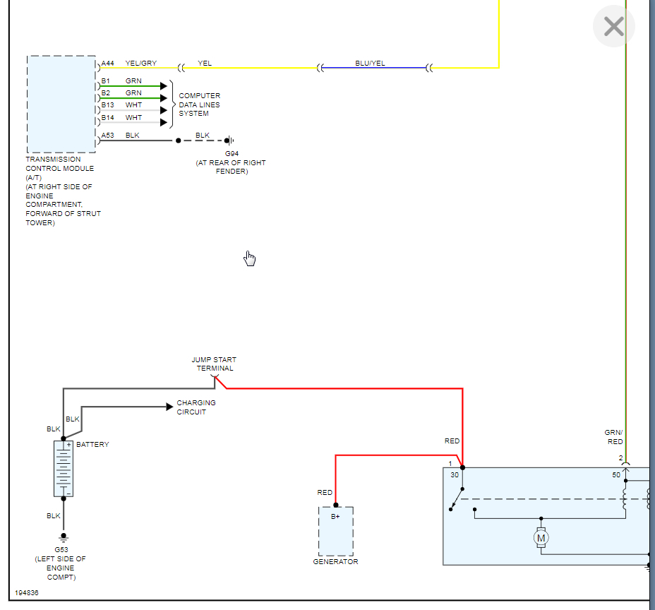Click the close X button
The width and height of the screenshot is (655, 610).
[613, 27]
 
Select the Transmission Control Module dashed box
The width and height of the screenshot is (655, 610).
[61, 104]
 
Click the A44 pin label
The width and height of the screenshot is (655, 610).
[107, 64]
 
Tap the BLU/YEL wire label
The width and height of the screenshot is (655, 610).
[370, 64]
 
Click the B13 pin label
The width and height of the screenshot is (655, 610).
[107, 105]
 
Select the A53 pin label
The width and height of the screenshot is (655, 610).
[107, 135]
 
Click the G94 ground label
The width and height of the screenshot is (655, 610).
[231, 154]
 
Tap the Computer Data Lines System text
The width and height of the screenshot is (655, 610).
[199, 104]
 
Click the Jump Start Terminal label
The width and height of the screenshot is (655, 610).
[215, 364]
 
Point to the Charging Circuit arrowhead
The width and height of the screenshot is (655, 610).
[169, 407]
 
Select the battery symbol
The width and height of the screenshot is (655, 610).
[64, 469]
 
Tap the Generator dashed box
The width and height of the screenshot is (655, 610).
[335, 531]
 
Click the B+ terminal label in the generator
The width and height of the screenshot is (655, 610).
[335, 517]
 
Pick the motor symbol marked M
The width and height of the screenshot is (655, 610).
[541, 539]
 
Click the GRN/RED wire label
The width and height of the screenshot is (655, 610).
[614, 437]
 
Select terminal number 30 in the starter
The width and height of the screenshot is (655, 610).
[455, 475]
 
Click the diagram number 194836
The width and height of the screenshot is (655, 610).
[26, 593]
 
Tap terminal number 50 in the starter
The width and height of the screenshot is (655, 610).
[615, 475]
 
